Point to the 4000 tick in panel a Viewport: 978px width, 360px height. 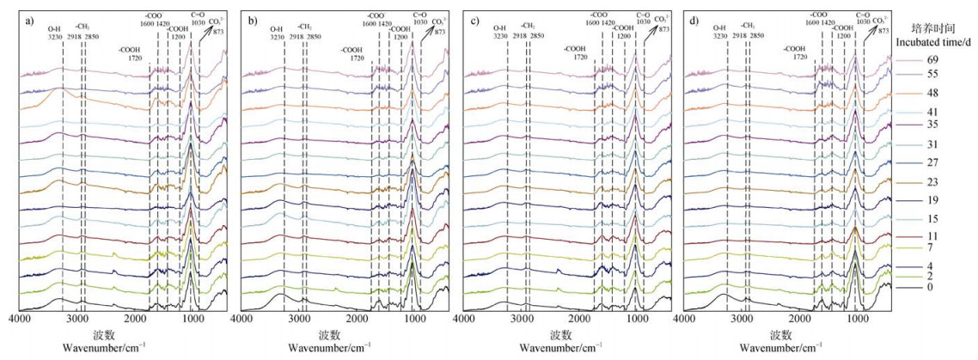20,320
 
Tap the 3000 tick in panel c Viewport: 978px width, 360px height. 521,320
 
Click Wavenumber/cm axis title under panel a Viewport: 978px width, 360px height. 97,348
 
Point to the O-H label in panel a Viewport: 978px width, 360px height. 55,27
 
